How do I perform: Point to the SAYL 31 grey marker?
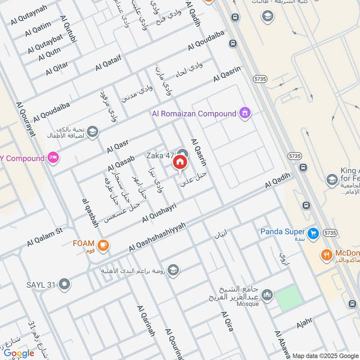tap(65, 284)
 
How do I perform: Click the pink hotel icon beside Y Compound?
tap(54, 158)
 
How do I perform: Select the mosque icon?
tap(267, 295)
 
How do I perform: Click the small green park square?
tap(287, 298)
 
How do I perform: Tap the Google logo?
tap(19, 353)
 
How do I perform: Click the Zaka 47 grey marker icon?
tap(182, 153)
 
